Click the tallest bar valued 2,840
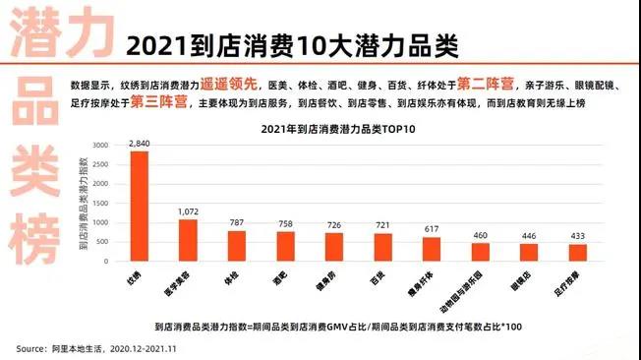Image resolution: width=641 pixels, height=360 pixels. [139, 206]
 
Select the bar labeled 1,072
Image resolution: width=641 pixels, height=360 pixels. [187, 240]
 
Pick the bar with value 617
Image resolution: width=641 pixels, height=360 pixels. [432, 249]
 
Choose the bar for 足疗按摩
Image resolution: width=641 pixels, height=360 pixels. [577, 253]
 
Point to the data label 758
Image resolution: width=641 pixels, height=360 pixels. [285, 223]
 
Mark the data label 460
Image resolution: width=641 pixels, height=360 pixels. [480, 235]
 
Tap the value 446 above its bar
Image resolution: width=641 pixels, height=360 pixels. [529, 236]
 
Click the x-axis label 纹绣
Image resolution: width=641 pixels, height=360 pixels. [130, 279]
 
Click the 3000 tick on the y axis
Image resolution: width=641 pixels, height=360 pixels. [100, 145]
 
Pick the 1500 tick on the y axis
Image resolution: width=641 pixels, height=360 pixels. [100, 203]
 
